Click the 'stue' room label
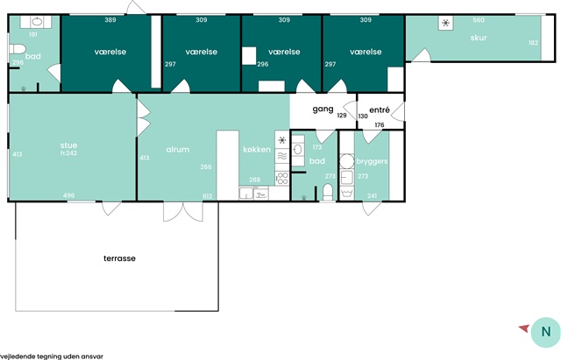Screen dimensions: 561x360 [68, 145]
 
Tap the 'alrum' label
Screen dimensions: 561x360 [178, 150]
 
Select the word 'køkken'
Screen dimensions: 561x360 [257, 150]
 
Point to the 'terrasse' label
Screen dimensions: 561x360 [119, 258]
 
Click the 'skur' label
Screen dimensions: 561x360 [479, 38]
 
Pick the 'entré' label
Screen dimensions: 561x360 [380, 109]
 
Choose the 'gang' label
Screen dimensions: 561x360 [323, 109]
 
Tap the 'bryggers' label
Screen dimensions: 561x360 [372, 161]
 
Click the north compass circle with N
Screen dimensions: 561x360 [545, 332]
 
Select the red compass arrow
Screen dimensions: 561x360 [524, 328]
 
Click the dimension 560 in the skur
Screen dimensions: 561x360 [479, 20]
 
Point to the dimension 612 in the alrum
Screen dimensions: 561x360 [208, 196]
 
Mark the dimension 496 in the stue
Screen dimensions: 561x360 [68, 195]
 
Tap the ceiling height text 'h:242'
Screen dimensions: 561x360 [68, 153]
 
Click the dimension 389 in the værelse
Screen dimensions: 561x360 [110, 20]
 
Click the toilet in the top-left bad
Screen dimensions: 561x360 [18, 49]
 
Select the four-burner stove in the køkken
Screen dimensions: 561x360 [282, 178]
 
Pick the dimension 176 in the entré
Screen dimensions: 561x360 [380, 124]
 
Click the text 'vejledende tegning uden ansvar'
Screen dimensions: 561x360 [52, 356]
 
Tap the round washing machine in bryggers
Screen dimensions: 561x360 [346, 161]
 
